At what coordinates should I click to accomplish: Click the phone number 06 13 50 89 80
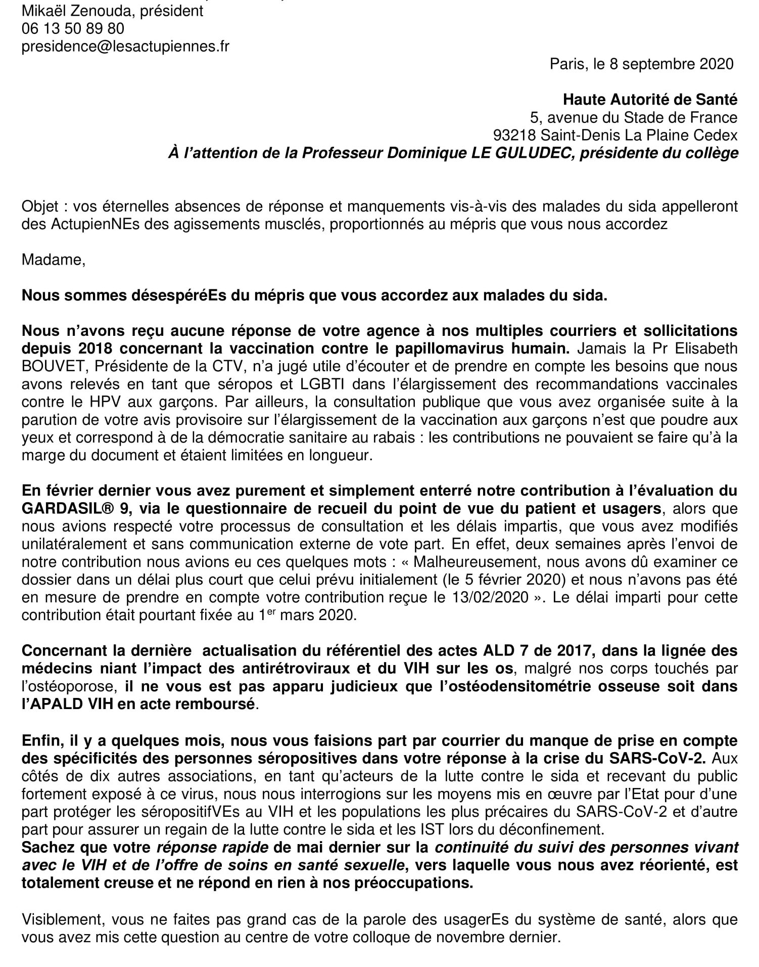[73, 28]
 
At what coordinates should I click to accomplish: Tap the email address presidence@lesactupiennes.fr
[125, 46]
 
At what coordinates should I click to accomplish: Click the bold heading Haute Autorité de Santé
[650, 100]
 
